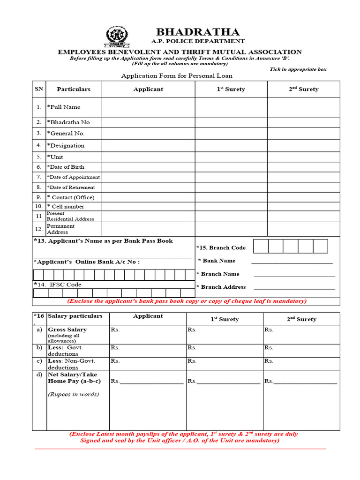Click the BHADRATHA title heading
point(197,32)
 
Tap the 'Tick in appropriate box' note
point(298,69)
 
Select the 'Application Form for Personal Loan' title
point(177,75)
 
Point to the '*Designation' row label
point(66,145)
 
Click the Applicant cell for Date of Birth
point(148,167)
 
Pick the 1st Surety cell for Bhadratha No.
point(231,122)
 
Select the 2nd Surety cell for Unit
point(303,157)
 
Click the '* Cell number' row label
point(66,206)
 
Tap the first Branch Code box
point(261,246)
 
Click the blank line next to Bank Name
point(292,262)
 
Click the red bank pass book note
point(187,301)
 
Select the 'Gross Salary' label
point(67,330)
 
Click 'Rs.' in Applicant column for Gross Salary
point(115,330)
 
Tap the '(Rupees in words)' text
point(73,394)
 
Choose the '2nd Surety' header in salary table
point(301,319)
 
